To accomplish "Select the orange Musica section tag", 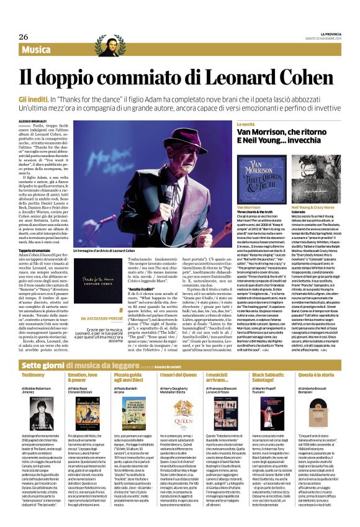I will (x=43, y=49).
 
